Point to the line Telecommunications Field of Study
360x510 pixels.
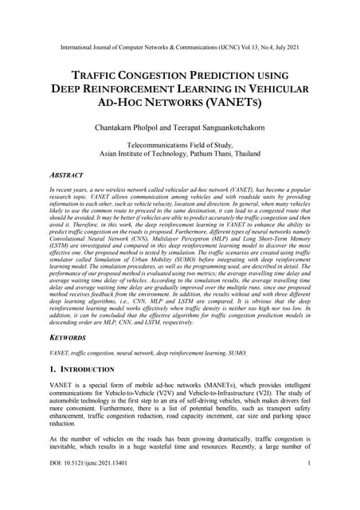click(x=179, y=145)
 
